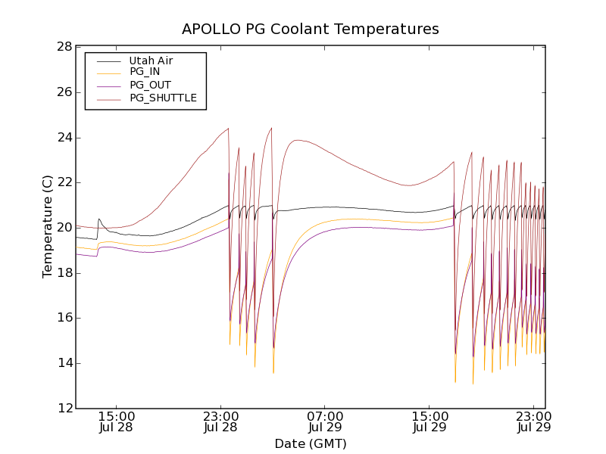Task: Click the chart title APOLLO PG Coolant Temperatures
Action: [x=311, y=30]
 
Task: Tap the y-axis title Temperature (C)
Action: [x=48, y=226]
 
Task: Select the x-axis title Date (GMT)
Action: [x=311, y=443]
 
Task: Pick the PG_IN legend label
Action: [x=145, y=72]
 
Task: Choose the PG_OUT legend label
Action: [x=150, y=85]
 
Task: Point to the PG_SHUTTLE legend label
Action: [x=163, y=98]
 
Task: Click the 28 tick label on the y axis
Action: [x=64, y=47]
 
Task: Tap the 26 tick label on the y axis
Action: [x=64, y=92]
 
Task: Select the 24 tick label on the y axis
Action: [x=64, y=138]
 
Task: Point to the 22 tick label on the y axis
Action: [x=64, y=182]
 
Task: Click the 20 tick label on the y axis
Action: [x=64, y=228]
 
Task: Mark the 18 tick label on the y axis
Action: [x=64, y=273]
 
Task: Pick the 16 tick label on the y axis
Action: [x=64, y=318]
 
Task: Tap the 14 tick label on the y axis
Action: [x=64, y=363]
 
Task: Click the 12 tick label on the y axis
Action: [x=64, y=409]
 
